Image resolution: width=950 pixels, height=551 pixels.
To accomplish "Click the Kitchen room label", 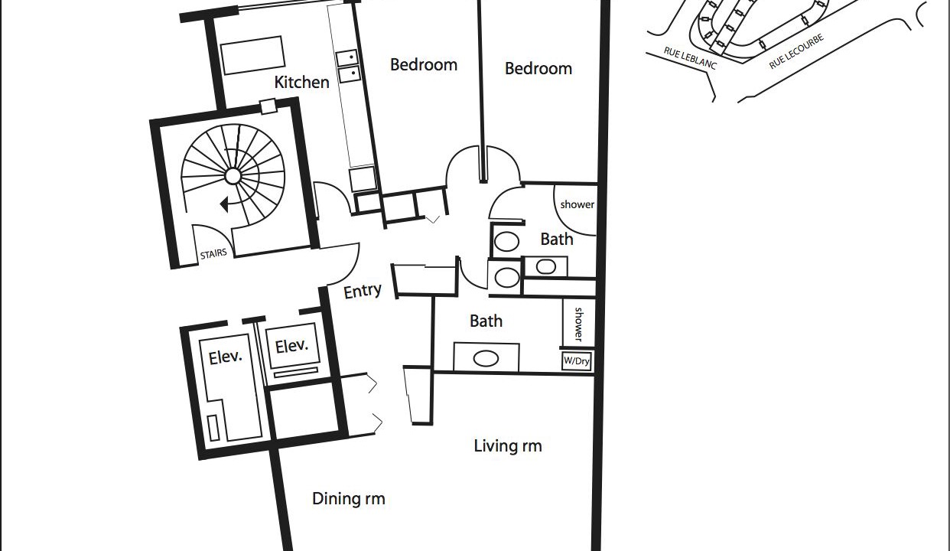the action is point(301,82).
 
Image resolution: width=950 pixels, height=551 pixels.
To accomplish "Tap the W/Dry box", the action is point(577,361).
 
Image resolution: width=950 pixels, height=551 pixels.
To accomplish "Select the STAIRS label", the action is point(213,254).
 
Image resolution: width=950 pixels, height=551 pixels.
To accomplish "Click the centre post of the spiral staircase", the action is point(233,175).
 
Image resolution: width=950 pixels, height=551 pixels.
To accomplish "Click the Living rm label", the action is point(508,446).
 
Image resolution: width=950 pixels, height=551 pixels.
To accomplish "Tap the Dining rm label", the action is point(349,498).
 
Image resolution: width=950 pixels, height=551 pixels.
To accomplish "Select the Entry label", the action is point(363,292).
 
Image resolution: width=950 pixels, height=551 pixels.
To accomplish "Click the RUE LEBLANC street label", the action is point(690,58).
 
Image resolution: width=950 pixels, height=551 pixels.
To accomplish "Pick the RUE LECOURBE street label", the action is point(796,51).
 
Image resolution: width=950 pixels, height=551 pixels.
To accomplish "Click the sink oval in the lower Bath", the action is point(486,358).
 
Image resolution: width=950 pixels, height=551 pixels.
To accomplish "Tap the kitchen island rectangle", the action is point(252,55).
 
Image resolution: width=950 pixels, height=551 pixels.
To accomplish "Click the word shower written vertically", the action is point(578,324).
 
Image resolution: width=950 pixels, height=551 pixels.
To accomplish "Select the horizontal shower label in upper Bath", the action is point(577,204).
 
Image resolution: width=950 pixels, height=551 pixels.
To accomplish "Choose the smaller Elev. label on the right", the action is point(291,346).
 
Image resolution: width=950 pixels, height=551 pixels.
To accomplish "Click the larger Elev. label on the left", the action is point(225,357).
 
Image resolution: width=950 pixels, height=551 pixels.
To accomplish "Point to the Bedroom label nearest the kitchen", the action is point(424,65).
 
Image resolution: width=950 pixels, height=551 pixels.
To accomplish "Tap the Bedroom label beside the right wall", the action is point(538,69).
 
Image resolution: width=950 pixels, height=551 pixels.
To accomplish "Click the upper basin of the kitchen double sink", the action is point(347,57).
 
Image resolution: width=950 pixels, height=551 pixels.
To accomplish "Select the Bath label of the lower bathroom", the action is point(486,321).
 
